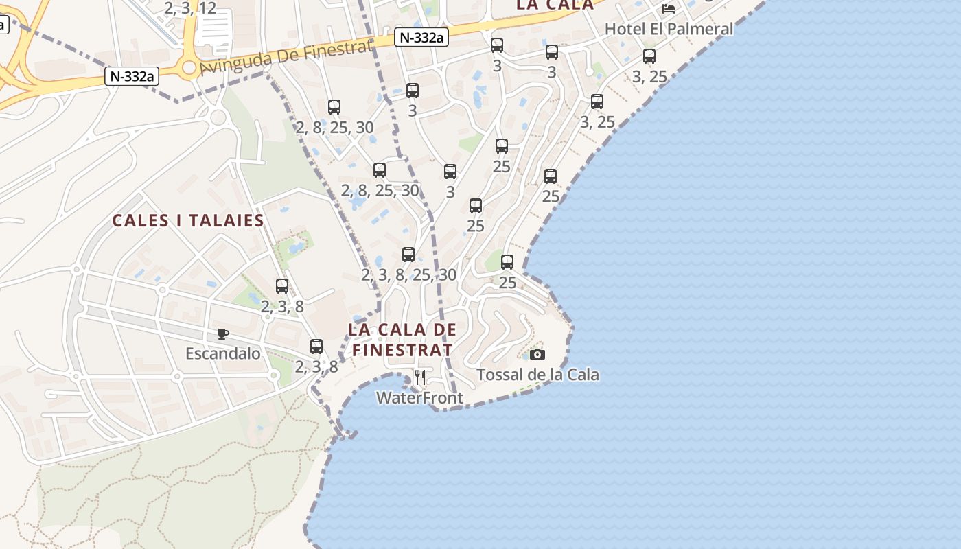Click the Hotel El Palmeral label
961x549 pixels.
(x=669, y=29)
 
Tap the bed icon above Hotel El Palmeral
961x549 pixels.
(x=669, y=9)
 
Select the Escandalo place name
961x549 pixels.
(x=223, y=353)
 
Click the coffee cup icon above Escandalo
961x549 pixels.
(x=223, y=334)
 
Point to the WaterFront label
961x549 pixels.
(x=419, y=397)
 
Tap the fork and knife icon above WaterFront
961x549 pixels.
(x=420, y=377)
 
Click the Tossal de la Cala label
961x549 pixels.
(x=537, y=375)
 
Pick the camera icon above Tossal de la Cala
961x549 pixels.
(x=537, y=354)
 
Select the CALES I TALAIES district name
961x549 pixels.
(x=188, y=220)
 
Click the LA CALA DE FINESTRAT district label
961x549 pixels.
(x=402, y=339)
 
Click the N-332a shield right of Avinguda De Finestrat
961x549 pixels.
(x=421, y=38)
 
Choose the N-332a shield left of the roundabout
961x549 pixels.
(x=131, y=75)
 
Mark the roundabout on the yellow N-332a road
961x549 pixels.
(x=189, y=67)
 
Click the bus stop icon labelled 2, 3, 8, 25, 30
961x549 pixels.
(x=408, y=255)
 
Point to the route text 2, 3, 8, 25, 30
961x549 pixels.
(x=408, y=275)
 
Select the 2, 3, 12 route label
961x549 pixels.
(x=190, y=8)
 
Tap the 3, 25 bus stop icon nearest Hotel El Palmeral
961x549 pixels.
(x=649, y=56)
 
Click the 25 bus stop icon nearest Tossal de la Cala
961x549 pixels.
(x=507, y=261)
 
